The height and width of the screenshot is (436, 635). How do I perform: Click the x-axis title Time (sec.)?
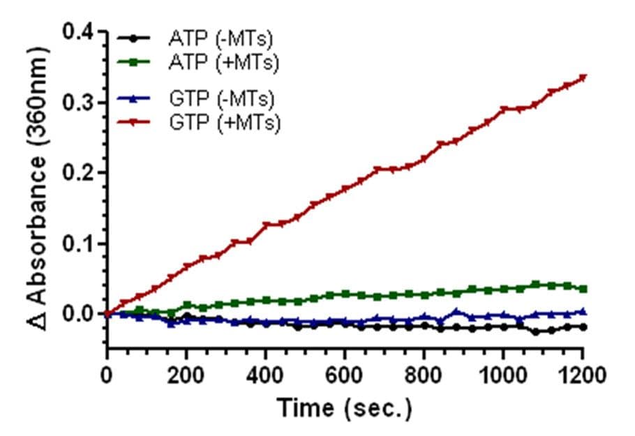click(345, 408)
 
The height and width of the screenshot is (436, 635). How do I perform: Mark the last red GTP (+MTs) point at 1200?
click(583, 77)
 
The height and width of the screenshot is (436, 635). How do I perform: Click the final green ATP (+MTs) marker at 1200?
click(583, 289)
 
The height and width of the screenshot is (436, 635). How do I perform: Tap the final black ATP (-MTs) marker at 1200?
click(583, 326)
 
